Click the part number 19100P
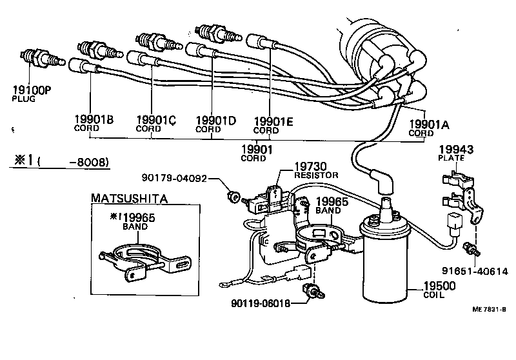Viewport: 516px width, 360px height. pyautogui.click(x=32, y=91)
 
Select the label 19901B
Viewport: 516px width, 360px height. pyautogui.click(x=94, y=120)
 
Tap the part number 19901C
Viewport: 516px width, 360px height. pyautogui.click(x=157, y=120)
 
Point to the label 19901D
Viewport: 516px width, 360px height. pyautogui.click(x=215, y=120)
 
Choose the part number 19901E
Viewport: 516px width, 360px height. pyautogui.click(x=275, y=121)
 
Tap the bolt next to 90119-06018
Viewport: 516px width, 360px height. pyautogui.click(x=313, y=291)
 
